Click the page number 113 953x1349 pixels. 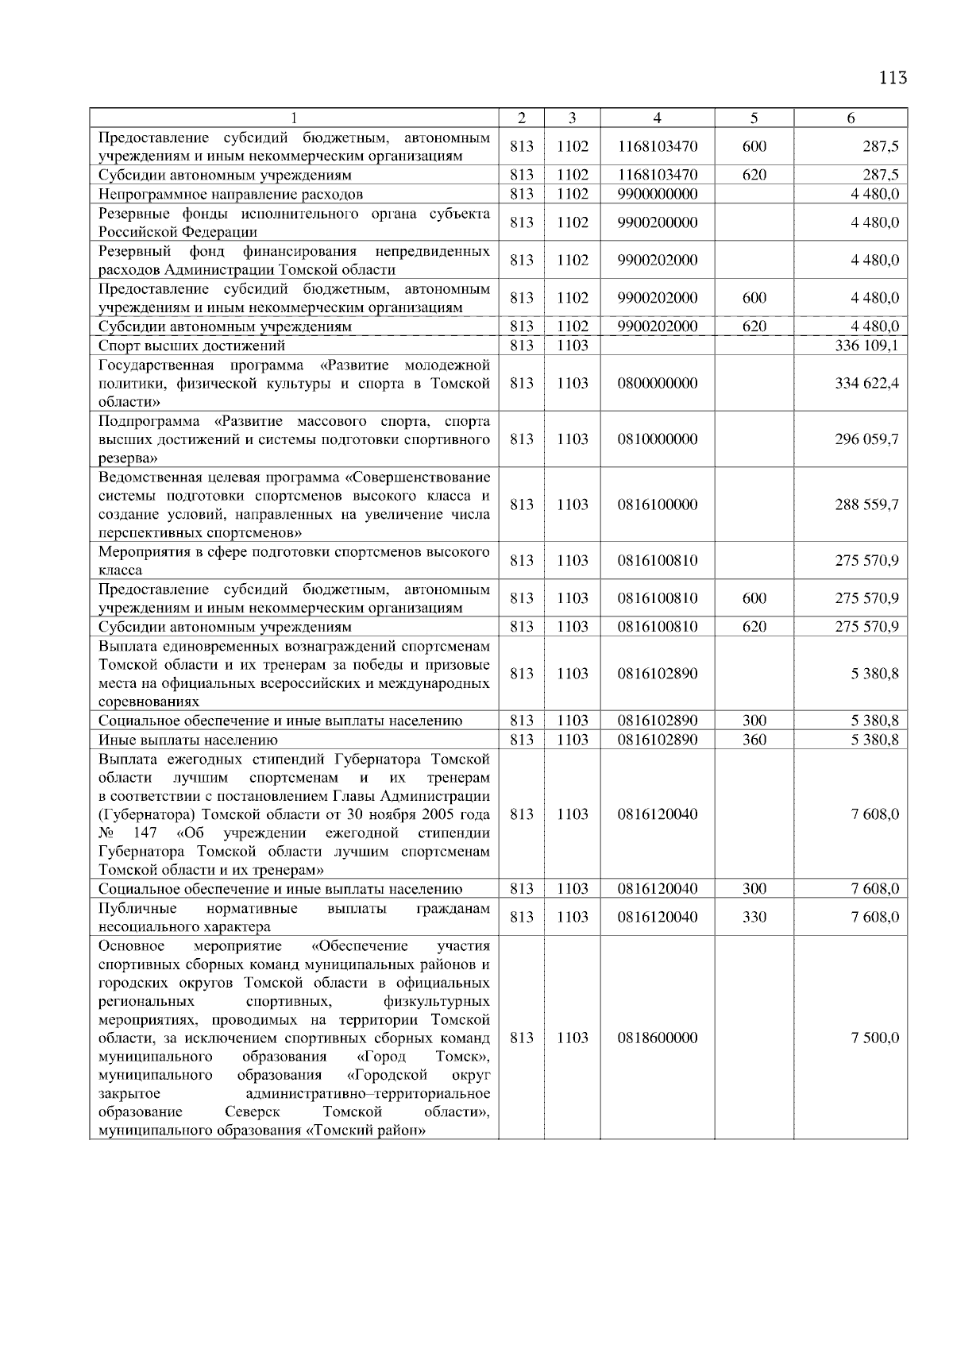point(893,78)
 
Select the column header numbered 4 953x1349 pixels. point(657,118)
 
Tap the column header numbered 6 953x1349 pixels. point(850,118)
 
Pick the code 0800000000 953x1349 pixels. point(657,383)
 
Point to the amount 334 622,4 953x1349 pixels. point(866,383)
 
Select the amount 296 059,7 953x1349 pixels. point(866,439)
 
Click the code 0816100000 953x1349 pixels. point(657,504)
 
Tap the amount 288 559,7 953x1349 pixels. point(866,504)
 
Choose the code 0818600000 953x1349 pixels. point(657,1038)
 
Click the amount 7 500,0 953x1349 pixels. point(874,1038)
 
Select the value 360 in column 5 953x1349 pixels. point(754,740)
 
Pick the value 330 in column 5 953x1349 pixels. point(754,917)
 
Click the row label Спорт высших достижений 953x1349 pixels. point(191,346)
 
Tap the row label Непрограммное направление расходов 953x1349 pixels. point(230,194)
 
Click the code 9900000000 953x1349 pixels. point(657,194)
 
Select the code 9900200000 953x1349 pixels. point(657,222)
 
